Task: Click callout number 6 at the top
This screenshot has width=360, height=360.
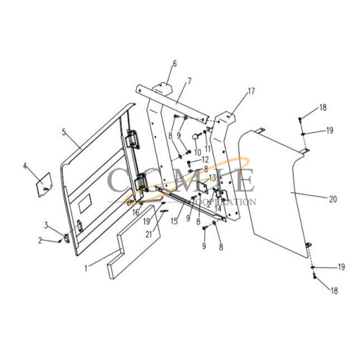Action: click(175, 64)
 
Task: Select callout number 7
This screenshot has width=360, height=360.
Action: click(189, 81)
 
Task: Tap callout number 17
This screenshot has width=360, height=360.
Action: click(251, 91)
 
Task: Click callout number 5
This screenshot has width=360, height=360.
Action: click(64, 132)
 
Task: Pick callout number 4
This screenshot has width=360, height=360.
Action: click(25, 165)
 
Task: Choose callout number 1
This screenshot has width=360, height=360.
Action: click(86, 269)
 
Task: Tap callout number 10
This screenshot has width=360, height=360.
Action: click(197, 152)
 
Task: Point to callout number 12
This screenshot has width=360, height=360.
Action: click(205, 160)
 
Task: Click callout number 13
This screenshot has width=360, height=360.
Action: click(212, 178)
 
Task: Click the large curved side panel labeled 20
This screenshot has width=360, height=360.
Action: click(277, 194)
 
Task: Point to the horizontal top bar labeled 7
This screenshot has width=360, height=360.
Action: click(177, 102)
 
